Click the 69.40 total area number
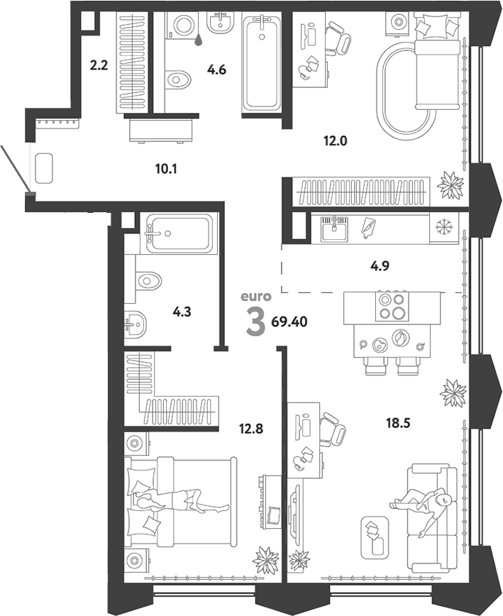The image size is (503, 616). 289,322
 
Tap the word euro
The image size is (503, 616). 255,296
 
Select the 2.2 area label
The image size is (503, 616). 99,65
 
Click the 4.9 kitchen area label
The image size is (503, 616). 380,266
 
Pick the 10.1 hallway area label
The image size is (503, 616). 166,170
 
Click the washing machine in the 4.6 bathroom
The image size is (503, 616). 182,25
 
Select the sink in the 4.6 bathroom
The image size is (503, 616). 220,23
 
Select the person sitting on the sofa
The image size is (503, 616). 424,508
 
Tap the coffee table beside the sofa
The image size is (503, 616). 375,537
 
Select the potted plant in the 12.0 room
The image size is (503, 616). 451,184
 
